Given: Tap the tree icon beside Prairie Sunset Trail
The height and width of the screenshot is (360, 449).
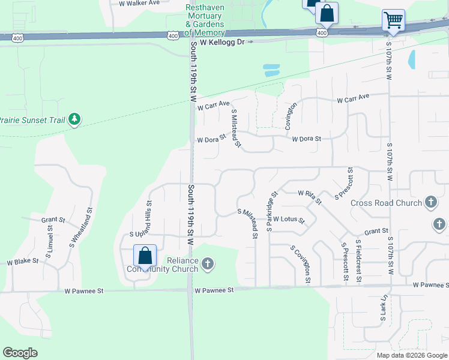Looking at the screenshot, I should (x=74, y=119).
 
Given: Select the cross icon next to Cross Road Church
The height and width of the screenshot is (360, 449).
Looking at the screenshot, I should (x=430, y=202).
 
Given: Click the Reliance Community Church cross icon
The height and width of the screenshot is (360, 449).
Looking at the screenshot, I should (x=207, y=263).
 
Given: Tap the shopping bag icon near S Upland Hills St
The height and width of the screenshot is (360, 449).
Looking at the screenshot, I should (x=145, y=256).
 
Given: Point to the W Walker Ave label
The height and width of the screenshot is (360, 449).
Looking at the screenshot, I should (x=139, y=3).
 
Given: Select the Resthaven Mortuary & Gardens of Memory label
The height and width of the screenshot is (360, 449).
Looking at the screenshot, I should (x=205, y=20).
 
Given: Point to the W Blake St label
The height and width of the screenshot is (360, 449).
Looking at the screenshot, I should (x=23, y=262).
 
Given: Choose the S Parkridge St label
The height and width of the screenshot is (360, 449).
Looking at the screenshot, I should (x=272, y=211).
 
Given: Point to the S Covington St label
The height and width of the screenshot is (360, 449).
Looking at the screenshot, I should (x=300, y=264).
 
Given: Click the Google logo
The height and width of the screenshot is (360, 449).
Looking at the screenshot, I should (x=20, y=352).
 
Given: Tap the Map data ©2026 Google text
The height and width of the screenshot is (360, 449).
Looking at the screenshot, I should (x=411, y=355).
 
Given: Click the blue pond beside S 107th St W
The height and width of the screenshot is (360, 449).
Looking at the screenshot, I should (x=412, y=59).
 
